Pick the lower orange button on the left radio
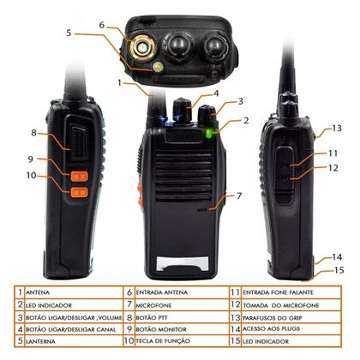coord(77,191)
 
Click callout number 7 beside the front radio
coord(239,196)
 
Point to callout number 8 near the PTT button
coord(34,133)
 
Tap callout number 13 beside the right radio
coord(335,129)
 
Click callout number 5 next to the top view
coord(69,33)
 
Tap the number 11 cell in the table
coord(235,292)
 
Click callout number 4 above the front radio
coord(216,93)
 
